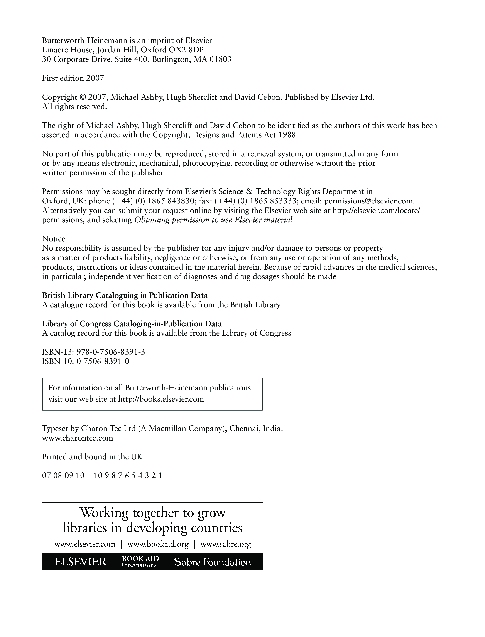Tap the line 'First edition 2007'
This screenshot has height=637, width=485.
tap(73, 78)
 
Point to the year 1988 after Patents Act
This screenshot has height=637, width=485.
tap(287, 135)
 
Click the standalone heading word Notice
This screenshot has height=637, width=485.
tap(54, 239)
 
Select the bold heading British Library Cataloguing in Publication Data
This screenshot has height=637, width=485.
tap(125, 295)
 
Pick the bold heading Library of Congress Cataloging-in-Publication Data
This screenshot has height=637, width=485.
tap(132, 324)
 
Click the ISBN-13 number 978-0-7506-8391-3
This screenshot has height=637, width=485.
tap(110, 352)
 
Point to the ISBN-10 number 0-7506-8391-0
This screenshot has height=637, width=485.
tap(103, 361)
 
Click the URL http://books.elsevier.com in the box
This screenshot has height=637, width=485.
tap(161, 399)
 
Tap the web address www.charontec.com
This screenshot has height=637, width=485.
tap(77, 438)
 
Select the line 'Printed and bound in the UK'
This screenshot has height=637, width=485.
tap(92, 457)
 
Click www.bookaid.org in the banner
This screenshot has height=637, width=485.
tap(158, 545)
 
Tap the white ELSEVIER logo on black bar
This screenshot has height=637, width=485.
tap(81, 562)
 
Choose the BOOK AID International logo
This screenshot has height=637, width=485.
tap(140, 562)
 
